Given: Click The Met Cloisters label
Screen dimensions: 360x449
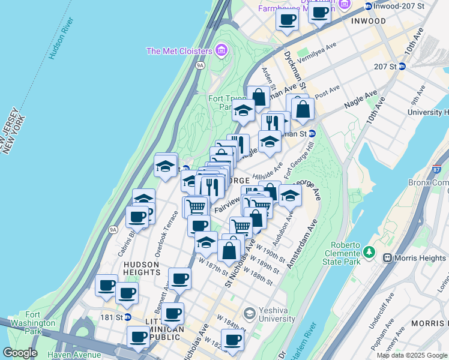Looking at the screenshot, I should tap(179, 51).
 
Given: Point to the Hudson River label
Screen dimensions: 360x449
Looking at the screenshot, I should tap(61, 40).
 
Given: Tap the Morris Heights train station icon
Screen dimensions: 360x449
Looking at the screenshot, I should tap(387, 258).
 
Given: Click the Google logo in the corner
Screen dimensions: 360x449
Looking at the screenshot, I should tap(20, 353).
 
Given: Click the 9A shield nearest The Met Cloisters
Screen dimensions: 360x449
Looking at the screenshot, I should tap(199, 67).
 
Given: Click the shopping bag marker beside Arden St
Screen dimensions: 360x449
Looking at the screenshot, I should tap(258, 97).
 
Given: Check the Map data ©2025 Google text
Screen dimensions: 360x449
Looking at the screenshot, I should tap(412, 355).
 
